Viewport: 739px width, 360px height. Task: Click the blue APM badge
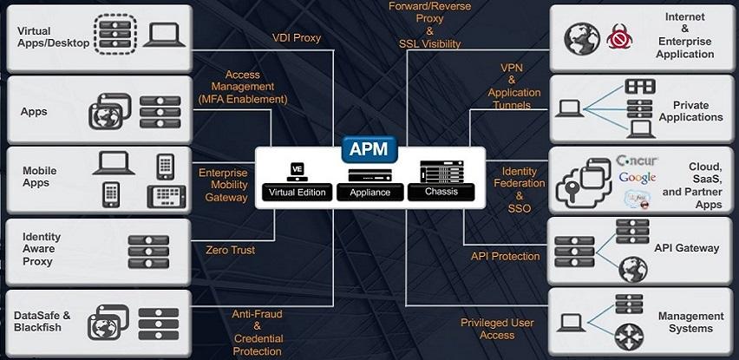(369, 149)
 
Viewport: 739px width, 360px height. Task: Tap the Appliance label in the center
(369, 193)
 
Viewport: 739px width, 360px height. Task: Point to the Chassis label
(441, 192)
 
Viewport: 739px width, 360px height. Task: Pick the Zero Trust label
(231, 250)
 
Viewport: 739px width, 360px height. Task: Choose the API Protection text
(505, 256)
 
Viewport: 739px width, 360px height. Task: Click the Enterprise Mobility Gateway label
(223, 185)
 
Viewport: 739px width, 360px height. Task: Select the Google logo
(637, 178)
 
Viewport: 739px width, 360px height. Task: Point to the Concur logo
(638, 160)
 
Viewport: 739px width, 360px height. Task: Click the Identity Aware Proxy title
(42, 249)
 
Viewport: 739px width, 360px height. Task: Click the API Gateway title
(686, 248)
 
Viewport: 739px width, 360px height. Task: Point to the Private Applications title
(690, 111)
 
